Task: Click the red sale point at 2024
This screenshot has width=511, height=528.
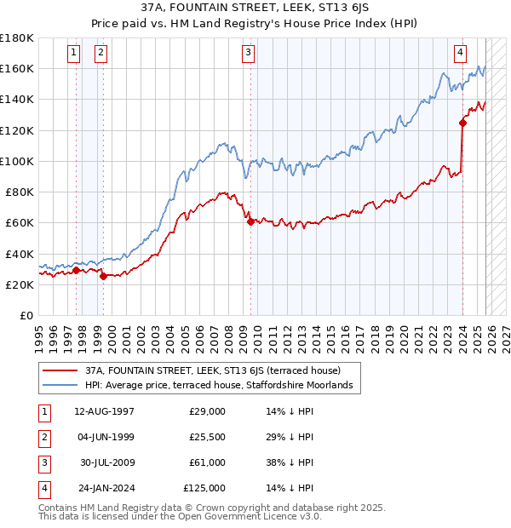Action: [462, 123]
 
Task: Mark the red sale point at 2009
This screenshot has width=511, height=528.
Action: [250, 221]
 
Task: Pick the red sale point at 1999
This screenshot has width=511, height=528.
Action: [103, 276]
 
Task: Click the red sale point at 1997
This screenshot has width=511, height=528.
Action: [76, 271]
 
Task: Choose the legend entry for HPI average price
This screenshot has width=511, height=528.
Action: [223, 386]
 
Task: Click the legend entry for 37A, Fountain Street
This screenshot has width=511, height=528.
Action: [212, 370]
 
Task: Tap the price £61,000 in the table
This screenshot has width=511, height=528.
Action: [206, 462]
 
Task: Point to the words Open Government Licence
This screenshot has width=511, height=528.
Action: [243, 516]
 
